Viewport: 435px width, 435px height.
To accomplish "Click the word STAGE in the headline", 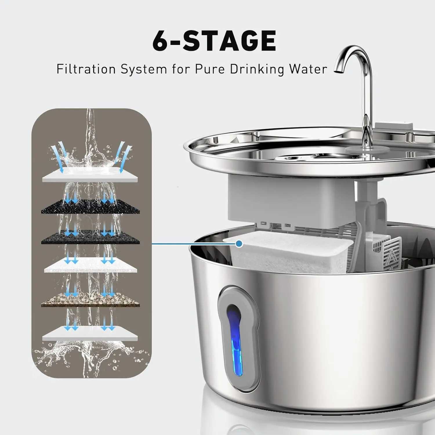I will coord(229,41).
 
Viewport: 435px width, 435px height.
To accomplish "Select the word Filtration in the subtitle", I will coord(86,69).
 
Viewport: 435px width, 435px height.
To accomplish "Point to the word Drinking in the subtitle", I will coord(257,69).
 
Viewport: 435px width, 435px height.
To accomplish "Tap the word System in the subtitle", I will coord(144,69).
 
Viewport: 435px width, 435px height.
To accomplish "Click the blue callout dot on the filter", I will coord(239,244).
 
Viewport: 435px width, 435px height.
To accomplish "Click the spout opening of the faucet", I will coord(338,70).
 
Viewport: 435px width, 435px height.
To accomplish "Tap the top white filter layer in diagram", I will coord(90,175).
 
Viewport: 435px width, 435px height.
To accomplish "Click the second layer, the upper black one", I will coord(90,206).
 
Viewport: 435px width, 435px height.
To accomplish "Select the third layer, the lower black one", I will coord(90,238).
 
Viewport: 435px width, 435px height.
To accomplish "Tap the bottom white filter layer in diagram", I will coord(90,333).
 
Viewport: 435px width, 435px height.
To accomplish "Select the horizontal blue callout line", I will coord(194,244).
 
